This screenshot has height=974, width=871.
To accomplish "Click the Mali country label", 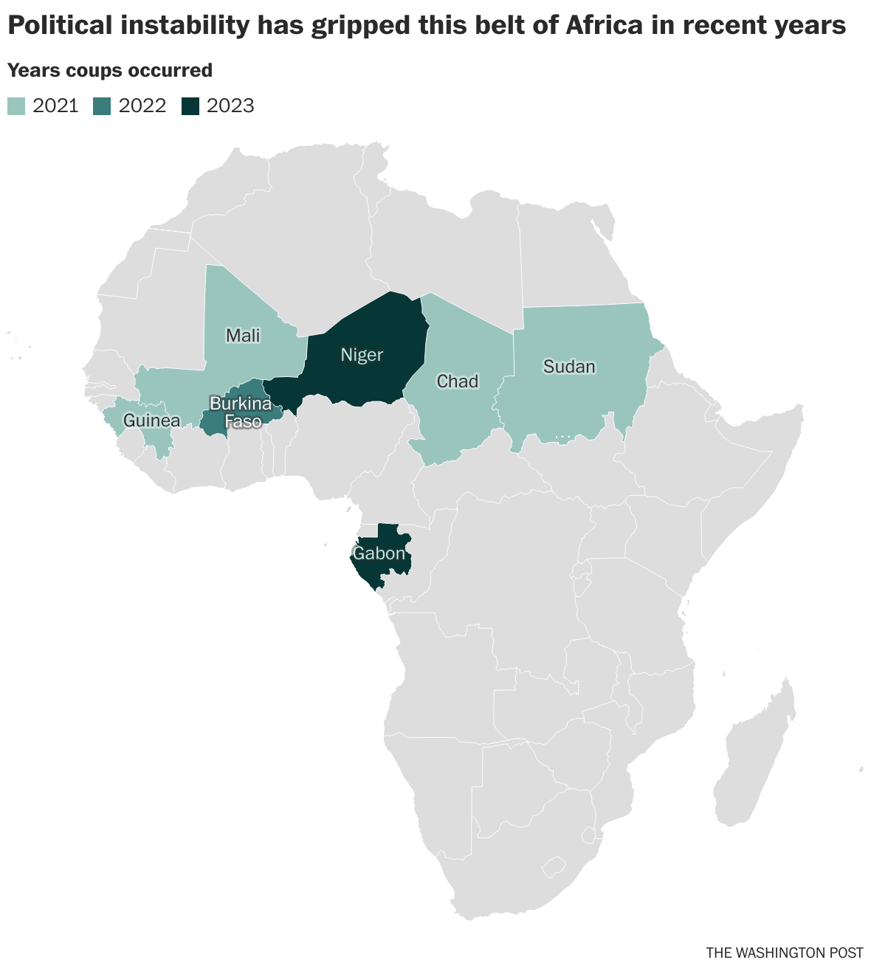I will [243, 336].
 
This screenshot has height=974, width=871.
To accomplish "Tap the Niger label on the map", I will [362, 355].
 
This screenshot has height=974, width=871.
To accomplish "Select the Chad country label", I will [458, 381].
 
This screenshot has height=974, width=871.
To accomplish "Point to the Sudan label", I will [569, 367].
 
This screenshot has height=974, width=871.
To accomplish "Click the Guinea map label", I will [151, 421].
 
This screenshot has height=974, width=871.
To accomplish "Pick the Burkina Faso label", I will [240, 412].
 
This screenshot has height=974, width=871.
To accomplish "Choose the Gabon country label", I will [379, 553].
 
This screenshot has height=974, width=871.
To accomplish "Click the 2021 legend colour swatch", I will [16, 106].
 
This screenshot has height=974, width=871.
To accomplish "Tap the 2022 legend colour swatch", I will [102, 106].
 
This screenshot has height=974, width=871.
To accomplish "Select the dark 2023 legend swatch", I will [190, 106].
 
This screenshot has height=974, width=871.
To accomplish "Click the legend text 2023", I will [230, 106].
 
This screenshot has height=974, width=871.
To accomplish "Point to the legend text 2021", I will [56, 106].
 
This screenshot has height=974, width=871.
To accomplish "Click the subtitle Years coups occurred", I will [110, 70].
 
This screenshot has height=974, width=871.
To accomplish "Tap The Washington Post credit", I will [784, 953].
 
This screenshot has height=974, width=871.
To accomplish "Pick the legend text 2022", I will [142, 106].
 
